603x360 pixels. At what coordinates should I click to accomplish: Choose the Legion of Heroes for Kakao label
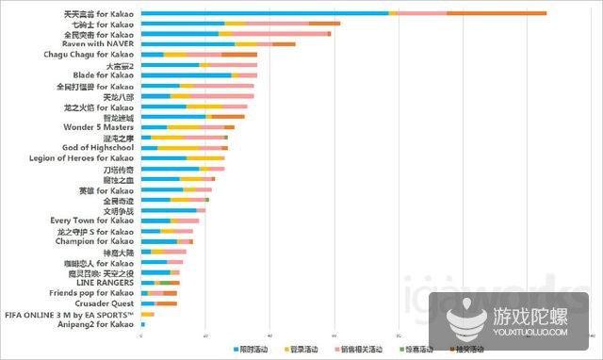82,158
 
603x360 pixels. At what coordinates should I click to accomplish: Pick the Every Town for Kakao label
91,221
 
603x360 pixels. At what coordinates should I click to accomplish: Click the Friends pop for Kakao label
90,293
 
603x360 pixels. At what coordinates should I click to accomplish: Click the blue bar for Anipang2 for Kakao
142,324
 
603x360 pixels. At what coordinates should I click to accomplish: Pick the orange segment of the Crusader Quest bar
166,303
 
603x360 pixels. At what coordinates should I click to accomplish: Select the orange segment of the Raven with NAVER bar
284,44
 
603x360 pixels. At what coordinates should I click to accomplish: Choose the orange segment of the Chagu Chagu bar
239,55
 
